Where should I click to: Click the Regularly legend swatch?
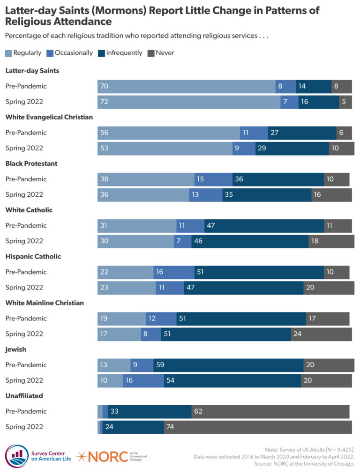8,53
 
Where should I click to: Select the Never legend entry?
165,53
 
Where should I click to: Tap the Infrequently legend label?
124,53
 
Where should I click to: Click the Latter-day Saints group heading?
32,71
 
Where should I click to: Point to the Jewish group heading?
16,349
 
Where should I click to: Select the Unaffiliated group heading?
24,395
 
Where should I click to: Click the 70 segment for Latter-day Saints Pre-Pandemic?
186,87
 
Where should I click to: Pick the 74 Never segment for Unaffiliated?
257,427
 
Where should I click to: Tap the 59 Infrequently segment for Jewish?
228,365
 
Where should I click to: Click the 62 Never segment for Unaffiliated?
270,411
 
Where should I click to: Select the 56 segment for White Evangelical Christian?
168,133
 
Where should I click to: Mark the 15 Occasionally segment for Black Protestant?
213,179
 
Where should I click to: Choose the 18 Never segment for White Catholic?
331,241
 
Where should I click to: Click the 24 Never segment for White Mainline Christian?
321,334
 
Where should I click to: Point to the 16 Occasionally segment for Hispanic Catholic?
173,272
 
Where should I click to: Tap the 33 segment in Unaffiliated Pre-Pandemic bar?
149,411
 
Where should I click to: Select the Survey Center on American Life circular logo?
16,456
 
